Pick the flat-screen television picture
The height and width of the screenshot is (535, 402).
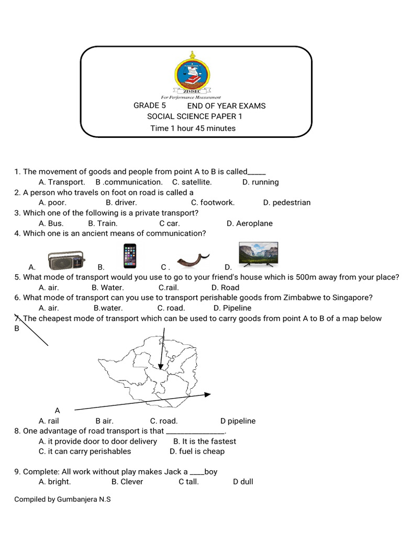coord(258,254)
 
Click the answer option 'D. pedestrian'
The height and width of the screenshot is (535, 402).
coord(287,203)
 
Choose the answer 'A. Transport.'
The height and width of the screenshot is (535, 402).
coord(62,182)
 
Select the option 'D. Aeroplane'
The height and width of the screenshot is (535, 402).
coord(250,224)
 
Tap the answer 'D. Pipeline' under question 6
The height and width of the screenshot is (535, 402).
coord(233,308)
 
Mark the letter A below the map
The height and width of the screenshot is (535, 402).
coord(58,411)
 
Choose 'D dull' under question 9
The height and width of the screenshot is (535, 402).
coord(243,482)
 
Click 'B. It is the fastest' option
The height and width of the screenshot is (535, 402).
coord(205,441)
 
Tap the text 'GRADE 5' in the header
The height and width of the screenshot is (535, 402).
coord(150,106)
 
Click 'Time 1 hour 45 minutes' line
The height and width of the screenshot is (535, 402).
coord(193,129)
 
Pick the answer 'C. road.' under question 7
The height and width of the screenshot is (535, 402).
coord(164,421)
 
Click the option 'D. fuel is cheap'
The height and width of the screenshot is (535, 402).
coord(197,451)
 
